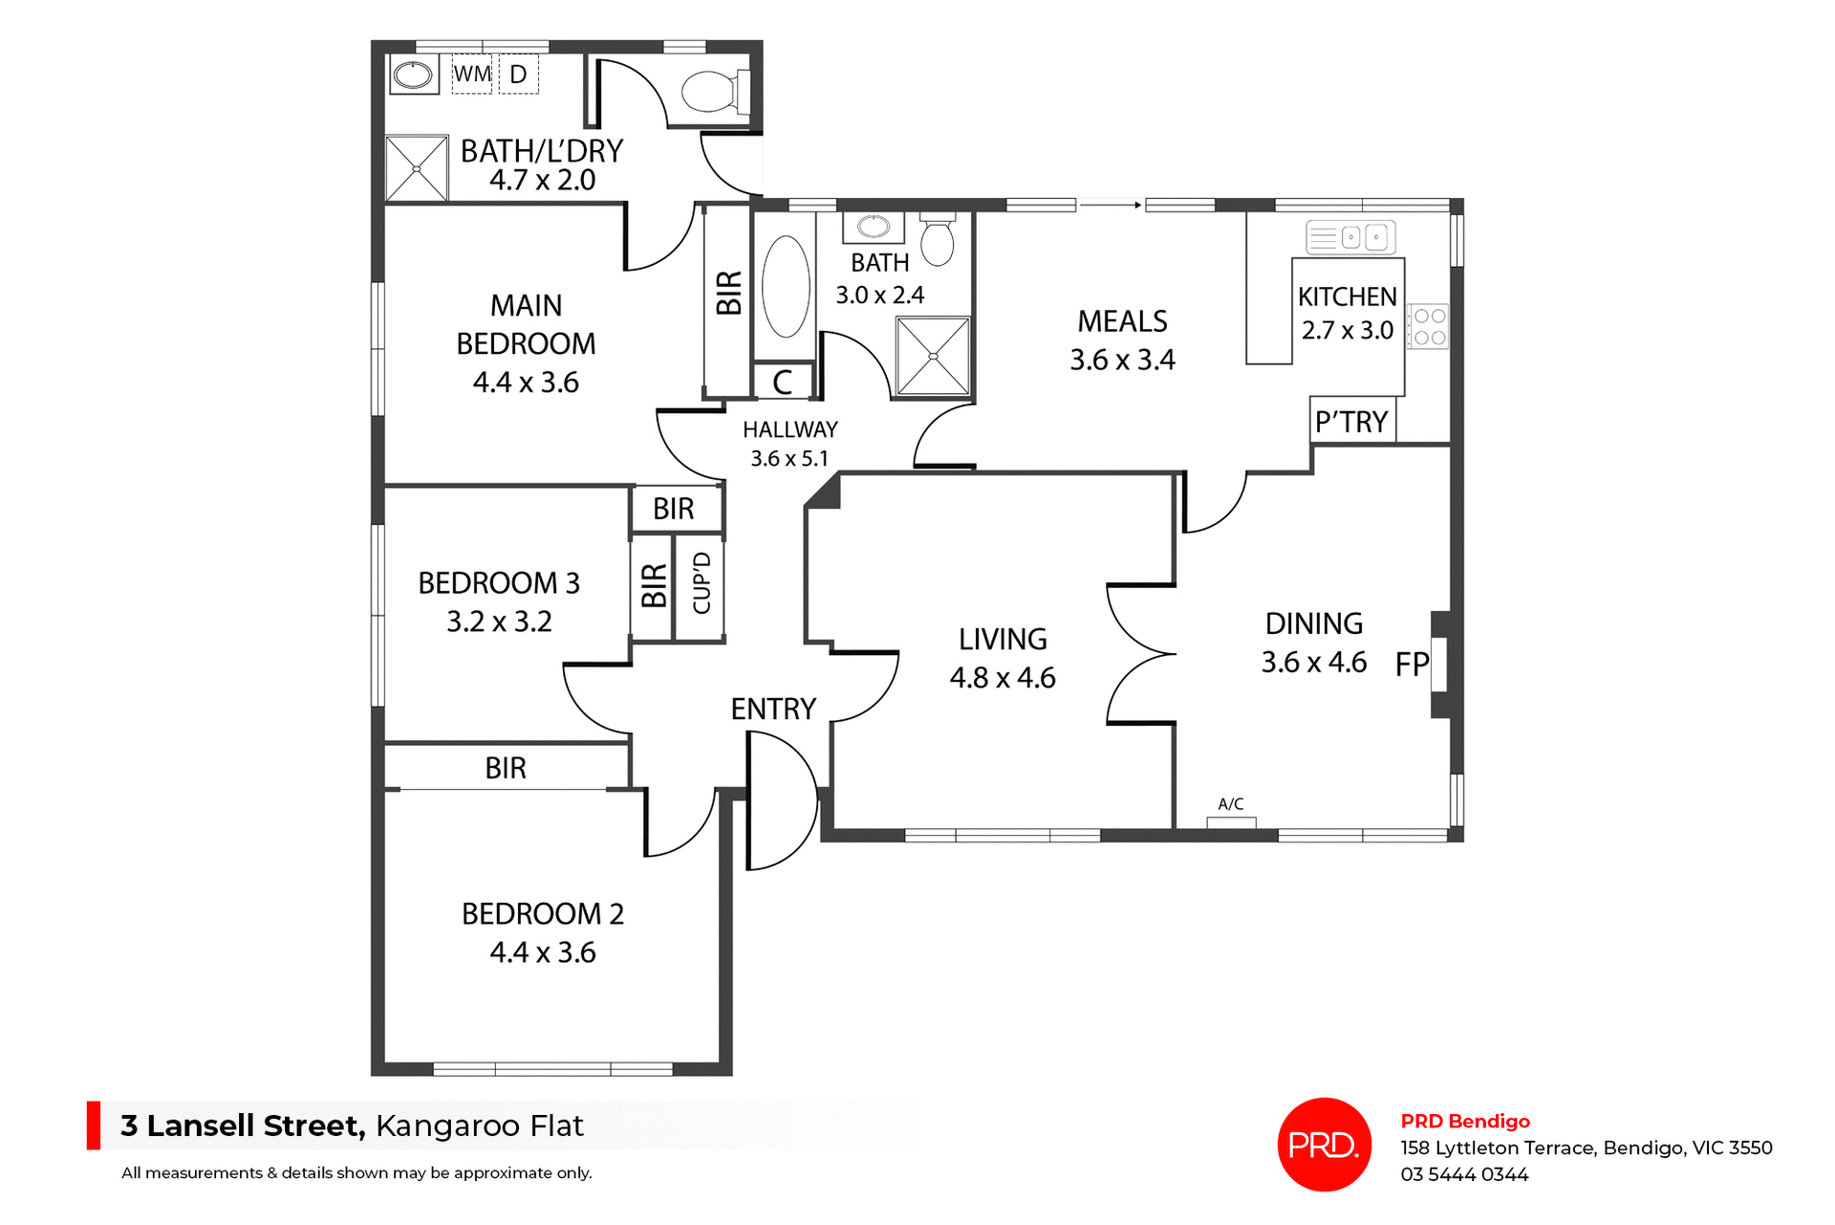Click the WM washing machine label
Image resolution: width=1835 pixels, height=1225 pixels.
point(472,75)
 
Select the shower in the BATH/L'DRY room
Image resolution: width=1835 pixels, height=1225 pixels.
point(417,168)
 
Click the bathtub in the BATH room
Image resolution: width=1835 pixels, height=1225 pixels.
point(786,287)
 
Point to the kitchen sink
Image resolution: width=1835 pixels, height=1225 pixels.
point(1350,237)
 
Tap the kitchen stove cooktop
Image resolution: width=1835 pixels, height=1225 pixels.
point(1430,326)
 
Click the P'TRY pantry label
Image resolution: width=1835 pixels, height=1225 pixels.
point(1350,422)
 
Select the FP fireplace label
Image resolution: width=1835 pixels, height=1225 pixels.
point(1411,665)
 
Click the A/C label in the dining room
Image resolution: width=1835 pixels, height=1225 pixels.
point(1231,804)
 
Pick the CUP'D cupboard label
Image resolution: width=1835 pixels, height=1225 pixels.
point(702,583)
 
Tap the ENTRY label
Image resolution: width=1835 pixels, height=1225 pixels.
point(773,710)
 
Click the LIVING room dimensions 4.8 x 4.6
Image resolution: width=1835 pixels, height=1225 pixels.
point(1003,678)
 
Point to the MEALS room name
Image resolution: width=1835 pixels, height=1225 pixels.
point(1122,321)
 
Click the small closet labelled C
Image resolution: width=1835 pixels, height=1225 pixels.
point(783,383)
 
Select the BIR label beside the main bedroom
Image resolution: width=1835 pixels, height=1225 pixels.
point(728,293)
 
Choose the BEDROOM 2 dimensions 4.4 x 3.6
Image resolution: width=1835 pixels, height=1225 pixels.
point(543,952)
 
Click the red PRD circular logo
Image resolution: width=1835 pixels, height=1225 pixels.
point(1324,1145)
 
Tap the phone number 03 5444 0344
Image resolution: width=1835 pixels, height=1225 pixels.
point(1464,1174)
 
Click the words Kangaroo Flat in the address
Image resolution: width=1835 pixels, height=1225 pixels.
point(479,1127)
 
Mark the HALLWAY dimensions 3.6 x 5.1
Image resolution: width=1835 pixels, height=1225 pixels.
point(789,459)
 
